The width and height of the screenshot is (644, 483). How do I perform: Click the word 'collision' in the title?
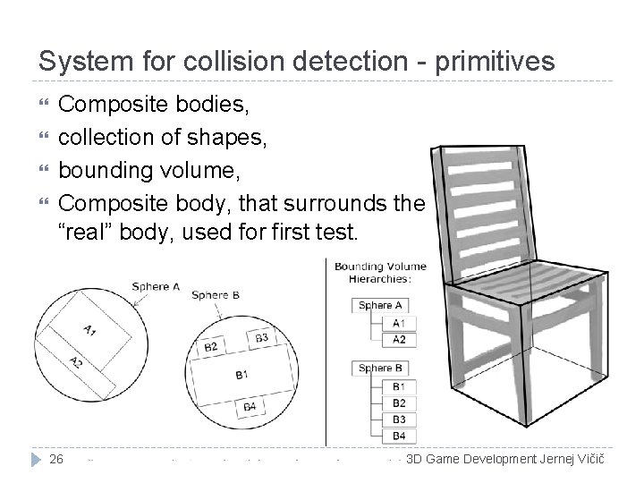point(225,61)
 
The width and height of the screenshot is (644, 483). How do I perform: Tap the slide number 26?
point(56,460)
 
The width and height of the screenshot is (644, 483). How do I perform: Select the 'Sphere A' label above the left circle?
point(156,286)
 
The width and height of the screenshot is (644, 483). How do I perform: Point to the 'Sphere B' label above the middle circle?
point(216,294)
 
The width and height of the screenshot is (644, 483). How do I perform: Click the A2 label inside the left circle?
point(76,361)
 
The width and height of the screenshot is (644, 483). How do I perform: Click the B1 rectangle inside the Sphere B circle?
point(241,374)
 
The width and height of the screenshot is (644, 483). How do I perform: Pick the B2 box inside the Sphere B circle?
point(212,346)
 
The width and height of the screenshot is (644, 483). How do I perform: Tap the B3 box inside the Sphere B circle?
point(261,338)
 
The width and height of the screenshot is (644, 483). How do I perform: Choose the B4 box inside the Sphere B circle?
point(250,409)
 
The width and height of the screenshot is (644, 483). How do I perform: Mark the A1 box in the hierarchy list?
point(398,323)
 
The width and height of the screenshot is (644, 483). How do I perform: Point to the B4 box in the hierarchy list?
point(398,436)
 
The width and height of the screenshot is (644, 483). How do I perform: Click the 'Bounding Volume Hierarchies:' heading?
point(380,272)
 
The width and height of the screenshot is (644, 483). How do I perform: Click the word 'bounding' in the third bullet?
point(103,178)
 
